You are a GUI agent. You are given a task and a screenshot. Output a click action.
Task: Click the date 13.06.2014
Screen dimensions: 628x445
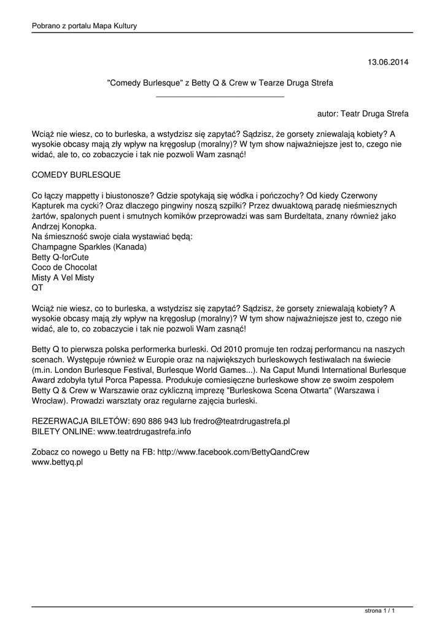pyautogui.click(x=388, y=62)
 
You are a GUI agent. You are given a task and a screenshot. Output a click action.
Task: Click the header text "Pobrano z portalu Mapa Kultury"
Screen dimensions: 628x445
pyautogui.click(x=84, y=26)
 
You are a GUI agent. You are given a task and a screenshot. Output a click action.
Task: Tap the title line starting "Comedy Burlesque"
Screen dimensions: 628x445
pyautogui.click(x=220, y=82)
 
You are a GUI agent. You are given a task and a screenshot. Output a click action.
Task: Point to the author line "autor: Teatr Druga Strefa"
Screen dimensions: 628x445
pyautogui.click(x=363, y=114)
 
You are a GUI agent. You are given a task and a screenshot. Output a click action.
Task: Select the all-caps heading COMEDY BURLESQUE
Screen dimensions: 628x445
pyautogui.click(x=75, y=175)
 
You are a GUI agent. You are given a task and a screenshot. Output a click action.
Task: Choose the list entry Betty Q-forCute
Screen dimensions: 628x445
pyautogui.click(x=60, y=258)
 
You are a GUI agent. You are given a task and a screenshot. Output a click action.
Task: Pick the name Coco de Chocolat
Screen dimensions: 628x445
pyautogui.click(x=64, y=267)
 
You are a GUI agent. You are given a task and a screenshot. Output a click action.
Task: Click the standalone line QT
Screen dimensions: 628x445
pyautogui.click(x=37, y=288)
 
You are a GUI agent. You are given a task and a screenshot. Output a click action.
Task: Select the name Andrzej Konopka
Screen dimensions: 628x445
pyautogui.click(x=68, y=227)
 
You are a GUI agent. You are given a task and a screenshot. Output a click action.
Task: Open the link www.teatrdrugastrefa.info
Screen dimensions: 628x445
pyautogui.click(x=144, y=432)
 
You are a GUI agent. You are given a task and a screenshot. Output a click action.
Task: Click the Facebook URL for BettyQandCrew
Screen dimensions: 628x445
pyautogui.click(x=233, y=452)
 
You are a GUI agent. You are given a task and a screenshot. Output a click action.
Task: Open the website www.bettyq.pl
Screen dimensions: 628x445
pyautogui.click(x=57, y=462)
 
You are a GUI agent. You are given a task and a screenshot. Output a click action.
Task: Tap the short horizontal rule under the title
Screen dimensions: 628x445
pyautogui.click(x=220, y=96)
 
